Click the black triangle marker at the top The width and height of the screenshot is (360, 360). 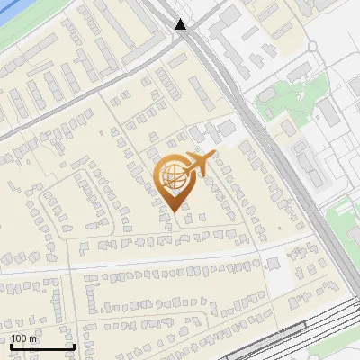tap(181, 23)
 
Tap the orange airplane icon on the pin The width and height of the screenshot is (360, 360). tap(200, 165)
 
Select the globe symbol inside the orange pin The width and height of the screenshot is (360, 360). tap(171, 176)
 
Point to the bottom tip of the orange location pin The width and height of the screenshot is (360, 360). tap(173, 212)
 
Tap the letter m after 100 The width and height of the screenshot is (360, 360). tap(33, 338)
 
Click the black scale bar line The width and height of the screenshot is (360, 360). tap(42, 346)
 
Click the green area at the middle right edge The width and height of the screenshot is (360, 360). tap(346, 220)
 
